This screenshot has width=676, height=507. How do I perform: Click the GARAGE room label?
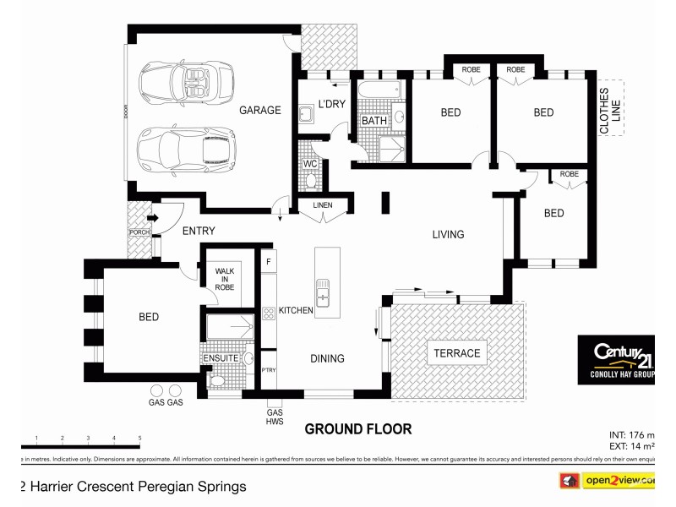point(259,110)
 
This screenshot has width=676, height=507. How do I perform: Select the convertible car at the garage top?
point(181,82)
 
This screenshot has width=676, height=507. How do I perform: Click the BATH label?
point(373,121)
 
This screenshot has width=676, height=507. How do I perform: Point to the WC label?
point(310,164)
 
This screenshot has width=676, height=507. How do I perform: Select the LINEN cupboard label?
point(322,205)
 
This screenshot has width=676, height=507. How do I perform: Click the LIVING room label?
point(448,235)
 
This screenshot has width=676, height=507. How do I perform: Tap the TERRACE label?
point(457,353)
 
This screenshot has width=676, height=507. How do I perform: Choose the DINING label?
point(327,358)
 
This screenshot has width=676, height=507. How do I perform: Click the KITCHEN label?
point(296,311)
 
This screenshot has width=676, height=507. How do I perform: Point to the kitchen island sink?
point(323,295)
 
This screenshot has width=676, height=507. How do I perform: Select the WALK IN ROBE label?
point(224,279)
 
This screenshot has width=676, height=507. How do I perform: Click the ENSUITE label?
point(221,358)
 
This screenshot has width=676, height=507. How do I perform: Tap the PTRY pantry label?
point(269,369)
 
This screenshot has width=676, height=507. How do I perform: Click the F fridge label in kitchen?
point(269,260)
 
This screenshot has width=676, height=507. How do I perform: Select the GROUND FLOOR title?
point(358,429)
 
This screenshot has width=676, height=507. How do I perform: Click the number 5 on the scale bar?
point(139,438)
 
